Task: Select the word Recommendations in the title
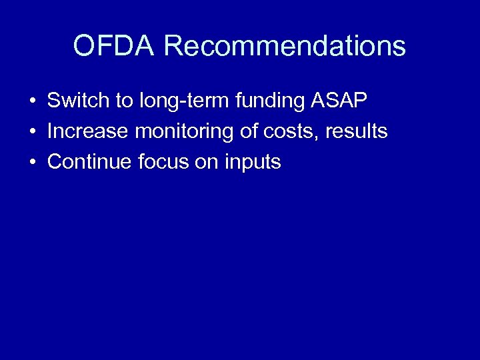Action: point(284,47)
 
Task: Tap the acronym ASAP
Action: point(339,101)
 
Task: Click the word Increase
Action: point(87,131)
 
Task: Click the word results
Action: point(356,131)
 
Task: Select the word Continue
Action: point(90,162)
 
